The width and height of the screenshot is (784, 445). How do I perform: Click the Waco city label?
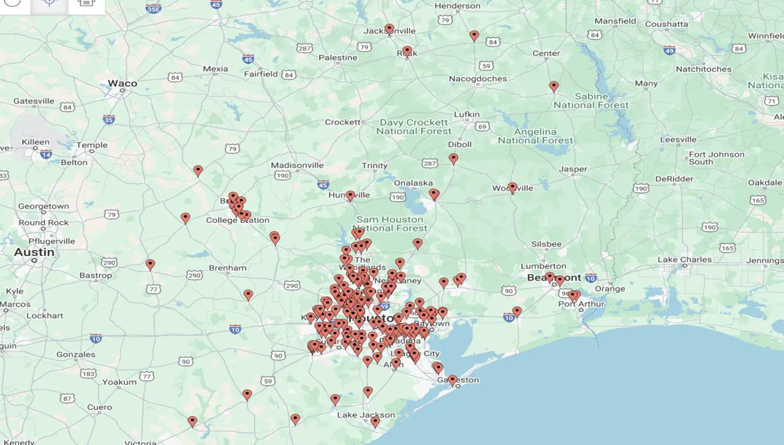point(123,83)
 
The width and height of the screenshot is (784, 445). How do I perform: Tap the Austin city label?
point(34,252)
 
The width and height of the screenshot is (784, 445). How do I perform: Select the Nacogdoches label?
point(478,79)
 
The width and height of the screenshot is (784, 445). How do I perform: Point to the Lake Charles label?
point(685,260)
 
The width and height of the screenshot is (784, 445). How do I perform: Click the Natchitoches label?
point(703,69)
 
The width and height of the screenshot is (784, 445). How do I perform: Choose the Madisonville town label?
point(297,166)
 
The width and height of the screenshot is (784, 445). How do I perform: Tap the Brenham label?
point(227,267)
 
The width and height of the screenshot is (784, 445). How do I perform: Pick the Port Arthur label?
point(581,304)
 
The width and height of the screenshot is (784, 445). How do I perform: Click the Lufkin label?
point(467,114)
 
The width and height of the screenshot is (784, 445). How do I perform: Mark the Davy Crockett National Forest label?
point(413,127)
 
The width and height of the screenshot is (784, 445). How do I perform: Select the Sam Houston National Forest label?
point(390,223)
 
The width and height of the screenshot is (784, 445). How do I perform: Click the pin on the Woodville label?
point(513,187)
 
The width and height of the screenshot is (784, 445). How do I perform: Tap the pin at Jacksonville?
point(389,29)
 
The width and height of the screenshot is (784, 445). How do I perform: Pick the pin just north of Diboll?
point(453,158)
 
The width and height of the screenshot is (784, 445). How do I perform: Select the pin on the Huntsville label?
point(350,195)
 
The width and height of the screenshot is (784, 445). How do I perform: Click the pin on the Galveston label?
point(453,380)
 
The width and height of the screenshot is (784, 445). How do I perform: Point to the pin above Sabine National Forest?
point(554,86)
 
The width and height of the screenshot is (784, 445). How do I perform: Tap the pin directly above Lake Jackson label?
point(367,391)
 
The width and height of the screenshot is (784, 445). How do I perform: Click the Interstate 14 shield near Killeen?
point(46,154)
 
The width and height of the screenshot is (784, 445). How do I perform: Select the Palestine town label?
point(337,58)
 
